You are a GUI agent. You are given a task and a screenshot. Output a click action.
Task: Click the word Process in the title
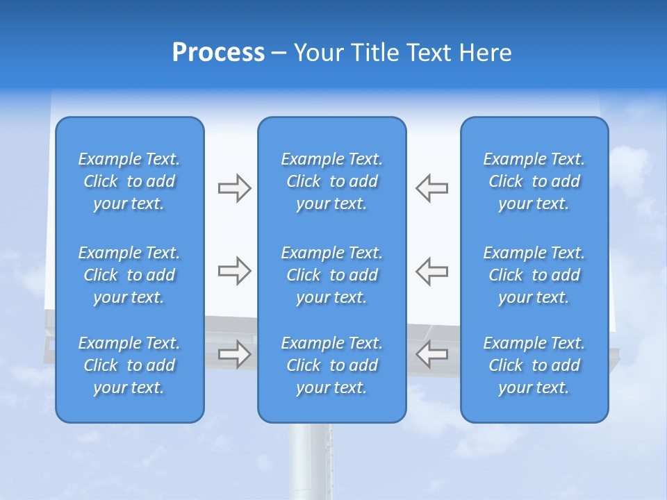pos(218,53)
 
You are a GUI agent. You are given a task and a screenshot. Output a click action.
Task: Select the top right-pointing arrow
pos(235,188)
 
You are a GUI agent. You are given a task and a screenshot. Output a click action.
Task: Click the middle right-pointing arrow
pos(235,271)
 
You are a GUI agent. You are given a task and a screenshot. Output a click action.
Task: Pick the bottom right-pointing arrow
pos(235,354)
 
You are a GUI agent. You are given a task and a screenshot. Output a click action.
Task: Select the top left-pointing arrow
pos(432,188)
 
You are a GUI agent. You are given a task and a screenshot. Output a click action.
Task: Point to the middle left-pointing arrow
pos(432,271)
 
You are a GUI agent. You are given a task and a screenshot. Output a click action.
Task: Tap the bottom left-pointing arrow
pos(432,354)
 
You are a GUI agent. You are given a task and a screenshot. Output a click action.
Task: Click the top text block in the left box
pos(129,181)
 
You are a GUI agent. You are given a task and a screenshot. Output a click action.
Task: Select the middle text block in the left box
pos(129,275)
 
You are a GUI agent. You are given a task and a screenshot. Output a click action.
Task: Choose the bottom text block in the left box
pos(129,365)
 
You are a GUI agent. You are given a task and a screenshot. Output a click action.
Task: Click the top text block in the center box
pos(332,181)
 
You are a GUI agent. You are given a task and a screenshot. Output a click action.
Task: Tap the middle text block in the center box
pos(332,275)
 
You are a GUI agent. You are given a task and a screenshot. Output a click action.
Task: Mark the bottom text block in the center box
pos(332,365)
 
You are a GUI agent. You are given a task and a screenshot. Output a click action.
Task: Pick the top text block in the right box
pos(534,181)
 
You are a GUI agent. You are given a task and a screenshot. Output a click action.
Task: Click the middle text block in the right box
pos(534,275)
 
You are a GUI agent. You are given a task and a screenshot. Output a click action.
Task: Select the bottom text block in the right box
pos(534,365)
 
